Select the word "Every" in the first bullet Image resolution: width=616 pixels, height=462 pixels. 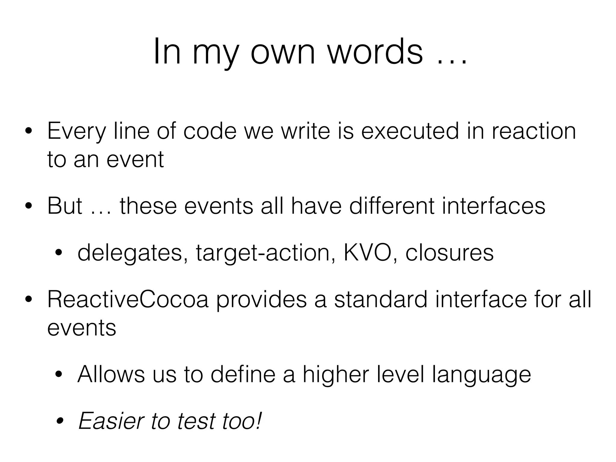[77, 131]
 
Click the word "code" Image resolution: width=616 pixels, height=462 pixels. [210, 131]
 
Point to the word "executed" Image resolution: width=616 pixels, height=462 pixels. [410, 131]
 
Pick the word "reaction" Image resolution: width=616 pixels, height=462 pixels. [534, 131]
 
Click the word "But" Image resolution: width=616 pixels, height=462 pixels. [65, 206]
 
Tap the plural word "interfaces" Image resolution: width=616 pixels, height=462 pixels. [493, 206]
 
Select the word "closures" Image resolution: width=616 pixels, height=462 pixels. [449, 253]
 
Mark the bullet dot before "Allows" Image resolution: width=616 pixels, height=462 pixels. [58, 375]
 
